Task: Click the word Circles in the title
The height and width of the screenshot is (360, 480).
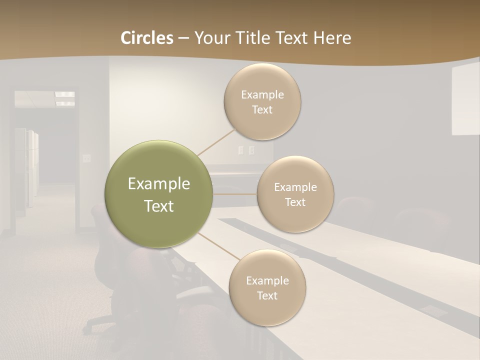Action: [147, 38]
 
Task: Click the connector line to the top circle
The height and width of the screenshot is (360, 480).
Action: [217, 141]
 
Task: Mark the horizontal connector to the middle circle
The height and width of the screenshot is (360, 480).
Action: [235, 193]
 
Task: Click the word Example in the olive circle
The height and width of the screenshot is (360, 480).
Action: [159, 184]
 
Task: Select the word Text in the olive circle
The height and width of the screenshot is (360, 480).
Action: [159, 206]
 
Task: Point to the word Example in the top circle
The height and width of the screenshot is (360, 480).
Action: [262, 94]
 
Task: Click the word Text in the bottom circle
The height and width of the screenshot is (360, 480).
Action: [267, 295]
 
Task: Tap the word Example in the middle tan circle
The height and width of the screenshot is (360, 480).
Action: [295, 187]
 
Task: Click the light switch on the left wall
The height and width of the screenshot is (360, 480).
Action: [87, 158]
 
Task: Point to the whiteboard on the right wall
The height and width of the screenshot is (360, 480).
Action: [465, 100]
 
